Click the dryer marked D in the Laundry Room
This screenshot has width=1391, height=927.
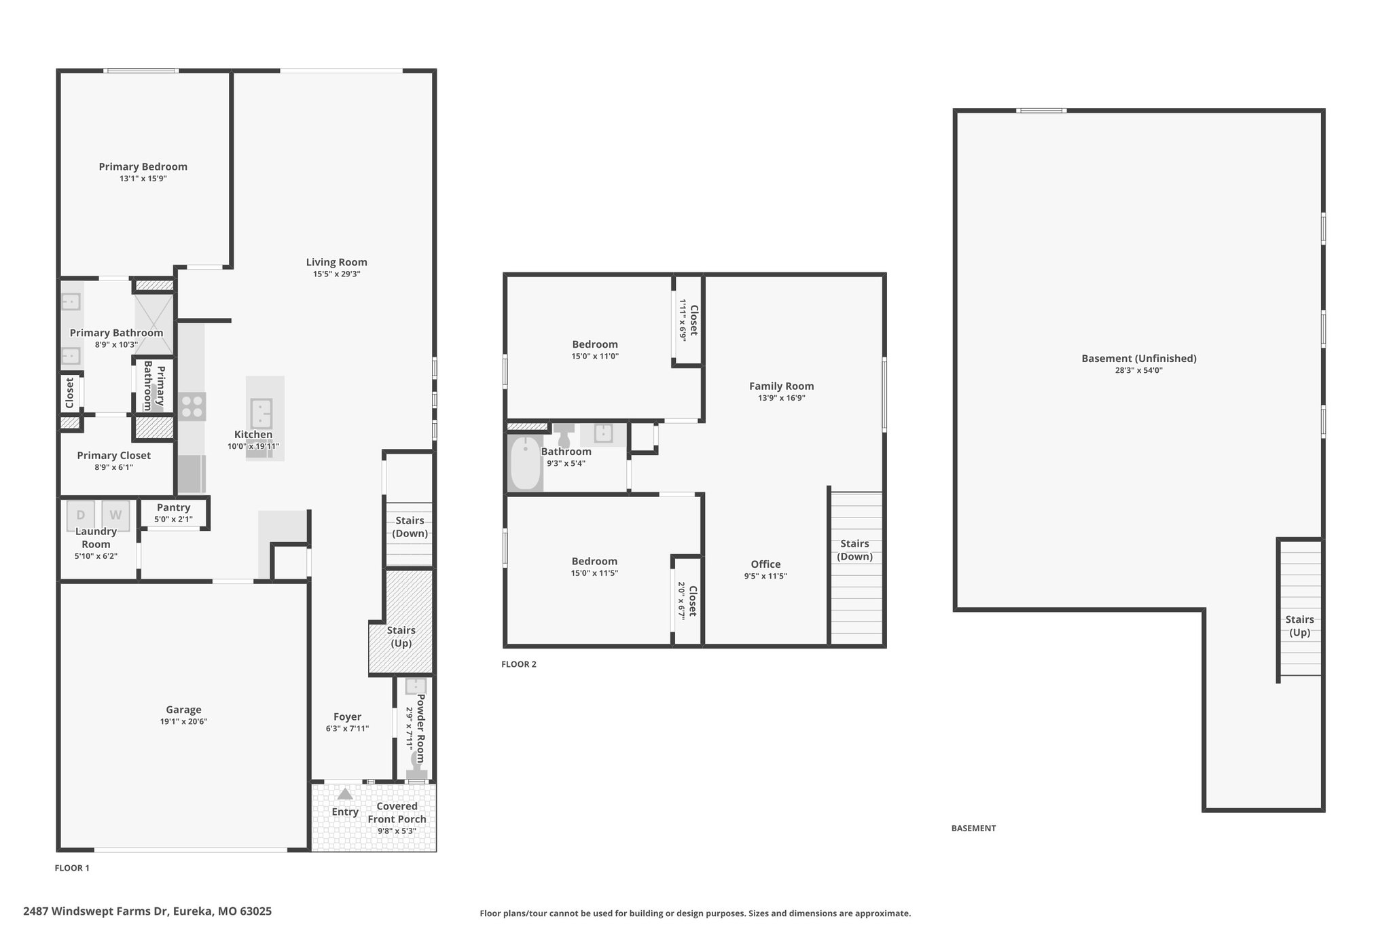(81, 515)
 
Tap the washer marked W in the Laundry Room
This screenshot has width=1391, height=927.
(116, 515)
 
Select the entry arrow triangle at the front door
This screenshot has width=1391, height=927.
(345, 794)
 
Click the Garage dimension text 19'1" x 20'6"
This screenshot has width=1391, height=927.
(183, 722)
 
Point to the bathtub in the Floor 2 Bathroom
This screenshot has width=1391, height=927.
(525, 463)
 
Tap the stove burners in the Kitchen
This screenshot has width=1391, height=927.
(192, 406)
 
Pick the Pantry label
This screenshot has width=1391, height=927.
(173, 507)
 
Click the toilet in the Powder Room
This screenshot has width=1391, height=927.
(416, 766)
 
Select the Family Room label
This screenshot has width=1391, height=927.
(781, 386)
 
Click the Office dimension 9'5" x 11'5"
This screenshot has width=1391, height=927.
(765, 576)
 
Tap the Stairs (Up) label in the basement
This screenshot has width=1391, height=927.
(1299, 625)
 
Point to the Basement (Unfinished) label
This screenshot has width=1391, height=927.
(1139, 359)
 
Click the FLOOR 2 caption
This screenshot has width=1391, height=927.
(519, 664)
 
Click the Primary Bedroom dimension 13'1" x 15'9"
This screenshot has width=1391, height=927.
(143, 179)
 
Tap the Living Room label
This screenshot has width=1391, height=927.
(336, 262)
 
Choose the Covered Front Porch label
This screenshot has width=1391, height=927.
(397, 813)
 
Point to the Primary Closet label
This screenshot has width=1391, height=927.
(114, 456)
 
